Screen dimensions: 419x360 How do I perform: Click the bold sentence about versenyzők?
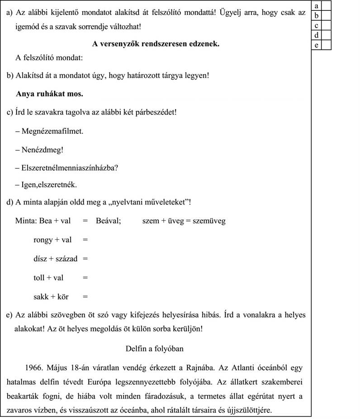[x=156, y=44]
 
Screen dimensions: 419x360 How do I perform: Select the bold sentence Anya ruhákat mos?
[x=49, y=94]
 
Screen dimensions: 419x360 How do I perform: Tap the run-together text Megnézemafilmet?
[x=52, y=131]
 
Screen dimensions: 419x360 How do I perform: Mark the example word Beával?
[x=108, y=221]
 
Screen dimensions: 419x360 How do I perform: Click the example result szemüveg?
[x=208, y=221]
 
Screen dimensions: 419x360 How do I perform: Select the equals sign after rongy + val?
[x=85, y=240]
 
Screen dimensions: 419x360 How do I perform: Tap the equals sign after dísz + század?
[x=85, y=259]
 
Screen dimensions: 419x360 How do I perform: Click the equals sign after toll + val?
[x=85, y=278]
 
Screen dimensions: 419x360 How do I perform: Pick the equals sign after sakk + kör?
[x=85, y=297]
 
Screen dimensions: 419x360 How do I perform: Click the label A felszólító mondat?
[x=49, y=57]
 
